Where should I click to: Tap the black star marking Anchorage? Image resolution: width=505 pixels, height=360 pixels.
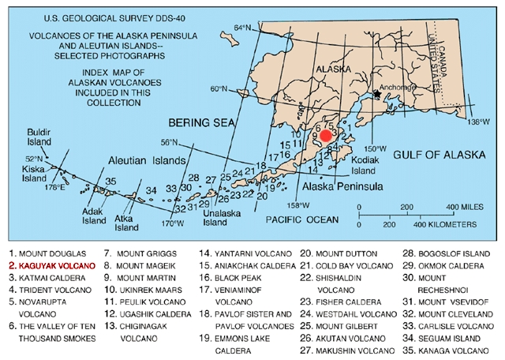click(377, 95)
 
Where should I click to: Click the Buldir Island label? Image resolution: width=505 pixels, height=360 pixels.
click(39, 137)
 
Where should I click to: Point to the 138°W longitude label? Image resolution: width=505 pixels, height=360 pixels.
click(479, 122)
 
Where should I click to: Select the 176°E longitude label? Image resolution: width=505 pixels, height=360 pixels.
click(53, 188)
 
